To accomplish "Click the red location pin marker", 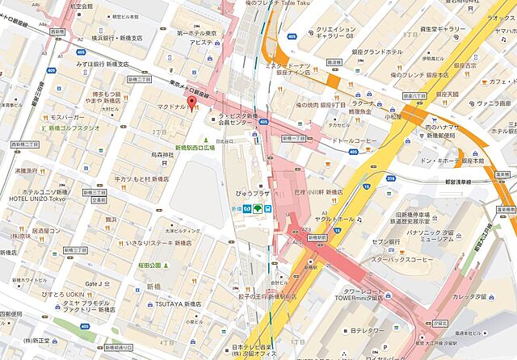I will (191, 108).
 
